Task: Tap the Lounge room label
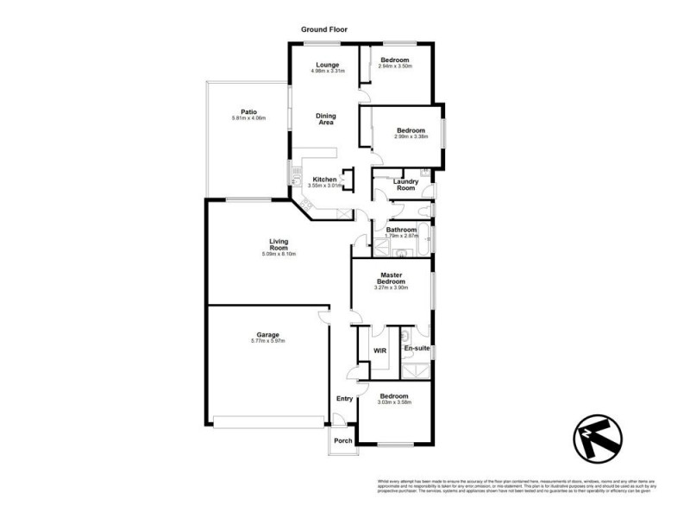point(326,65)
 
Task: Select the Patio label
point(249,111)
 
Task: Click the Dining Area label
point(325,119)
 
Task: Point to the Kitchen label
point(324,180)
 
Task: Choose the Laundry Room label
point(405,185)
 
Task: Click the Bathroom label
point(402,230)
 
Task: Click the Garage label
point(267,334)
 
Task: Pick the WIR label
point(379,350)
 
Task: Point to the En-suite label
point(417,348)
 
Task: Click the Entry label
point(344,398)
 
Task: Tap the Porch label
point(344,440)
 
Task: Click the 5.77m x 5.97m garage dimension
point(267,342)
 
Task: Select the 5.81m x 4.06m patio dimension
point(249,118)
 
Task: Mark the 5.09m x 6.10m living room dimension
point(278,255)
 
